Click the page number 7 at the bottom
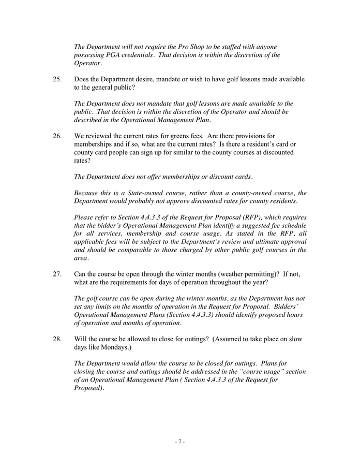(x=179, y=442)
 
